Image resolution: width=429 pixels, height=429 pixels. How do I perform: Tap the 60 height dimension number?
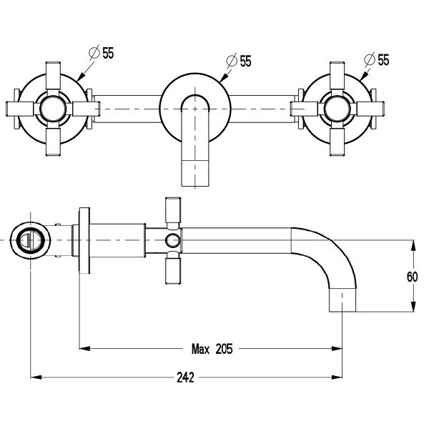coord(413,277)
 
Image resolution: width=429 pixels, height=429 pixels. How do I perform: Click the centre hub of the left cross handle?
coord(53,109)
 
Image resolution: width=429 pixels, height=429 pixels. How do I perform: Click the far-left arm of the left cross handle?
coord(17,109)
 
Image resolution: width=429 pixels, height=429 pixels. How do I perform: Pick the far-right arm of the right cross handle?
coord(373,109)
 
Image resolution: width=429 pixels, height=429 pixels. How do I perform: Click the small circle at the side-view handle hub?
coord(172,240)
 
